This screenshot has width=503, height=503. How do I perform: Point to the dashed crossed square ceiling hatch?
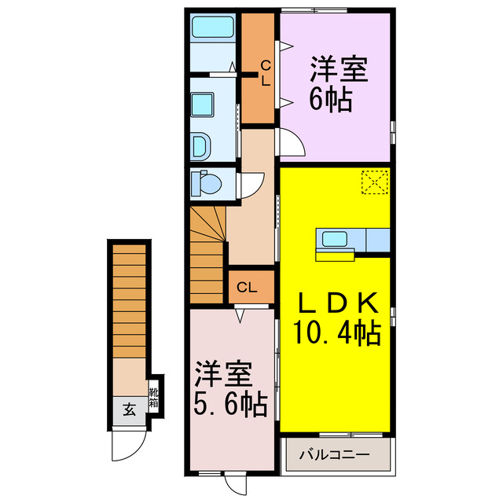coord(375,182)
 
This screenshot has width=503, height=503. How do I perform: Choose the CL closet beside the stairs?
coord(246,288)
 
